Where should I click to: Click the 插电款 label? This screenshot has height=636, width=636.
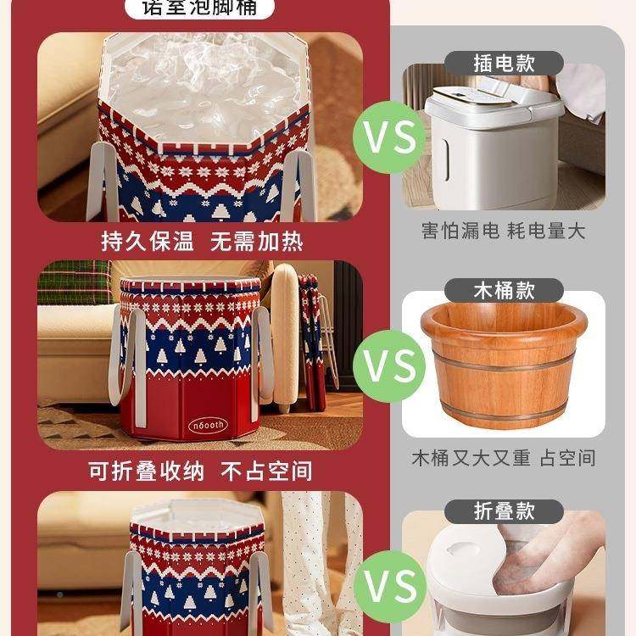pos(504,63)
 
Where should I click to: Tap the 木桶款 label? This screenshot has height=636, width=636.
pos(504,289)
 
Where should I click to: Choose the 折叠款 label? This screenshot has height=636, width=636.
pos(504,510)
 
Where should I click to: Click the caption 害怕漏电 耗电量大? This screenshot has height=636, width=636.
pos(504,231)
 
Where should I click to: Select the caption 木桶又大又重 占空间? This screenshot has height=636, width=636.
pos(504,458)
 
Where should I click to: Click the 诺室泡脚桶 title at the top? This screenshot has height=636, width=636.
pos(201,9)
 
